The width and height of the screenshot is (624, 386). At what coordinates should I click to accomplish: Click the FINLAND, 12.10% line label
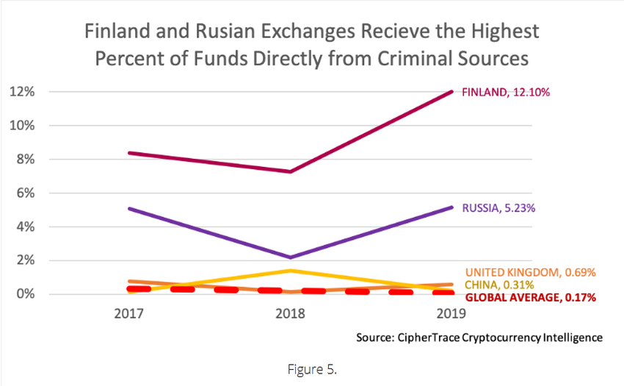tap(506, 93)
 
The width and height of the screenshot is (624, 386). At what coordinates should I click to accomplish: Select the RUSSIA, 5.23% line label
tap(498, 208)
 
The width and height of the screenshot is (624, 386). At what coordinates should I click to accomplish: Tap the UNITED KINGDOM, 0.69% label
tap(530, 272)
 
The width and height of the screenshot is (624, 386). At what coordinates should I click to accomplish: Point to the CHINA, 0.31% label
tap(498, 285)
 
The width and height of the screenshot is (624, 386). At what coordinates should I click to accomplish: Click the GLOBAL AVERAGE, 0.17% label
tap(530, 298)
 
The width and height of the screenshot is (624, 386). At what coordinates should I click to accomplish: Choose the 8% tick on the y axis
tap(24, 160)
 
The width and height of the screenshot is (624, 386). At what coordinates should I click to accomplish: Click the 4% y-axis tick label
tap(24, 227)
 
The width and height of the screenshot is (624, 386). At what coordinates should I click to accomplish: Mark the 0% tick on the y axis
tap(24, 294)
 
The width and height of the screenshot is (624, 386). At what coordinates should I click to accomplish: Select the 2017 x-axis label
tap(129, 314)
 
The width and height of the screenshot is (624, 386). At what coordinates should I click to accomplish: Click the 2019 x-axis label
tap(449, 314)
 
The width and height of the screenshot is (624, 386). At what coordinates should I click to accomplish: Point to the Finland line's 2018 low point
tap(292, 171)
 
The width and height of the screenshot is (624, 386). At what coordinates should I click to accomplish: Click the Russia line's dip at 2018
tap(292, 257)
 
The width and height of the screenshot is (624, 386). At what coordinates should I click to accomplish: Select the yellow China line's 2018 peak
tap(292, 271)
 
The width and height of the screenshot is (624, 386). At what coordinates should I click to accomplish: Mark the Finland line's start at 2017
tap(129, 153)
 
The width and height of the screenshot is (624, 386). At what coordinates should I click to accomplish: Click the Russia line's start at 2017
tap(129, 209)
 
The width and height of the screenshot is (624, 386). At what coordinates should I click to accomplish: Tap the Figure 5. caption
tap(311, 368)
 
